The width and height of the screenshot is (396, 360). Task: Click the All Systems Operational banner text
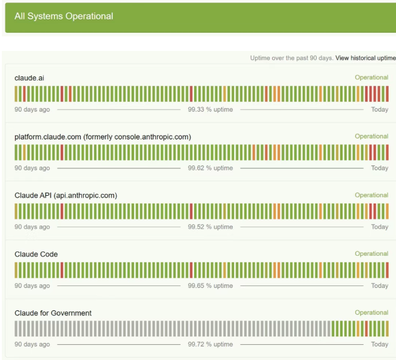pyautogui.click(x=64, y=16)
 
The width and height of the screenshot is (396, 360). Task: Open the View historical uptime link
pyautogui.click(x=366, y=58)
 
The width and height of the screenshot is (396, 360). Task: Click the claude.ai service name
pyautogui.click(x=29, y=78)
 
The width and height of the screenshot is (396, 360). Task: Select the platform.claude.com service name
pyautogui.click(x=102, y=137)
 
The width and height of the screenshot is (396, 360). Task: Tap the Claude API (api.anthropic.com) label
pyautogui.click(x=65, y=195)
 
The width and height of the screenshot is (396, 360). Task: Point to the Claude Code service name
pyautogui.click(x=36, y=254)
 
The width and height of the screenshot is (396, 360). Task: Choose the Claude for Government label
pyautogui.click(x=53, y=313)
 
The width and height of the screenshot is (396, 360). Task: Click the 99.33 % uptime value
pyautogui.click(x=210, y=110)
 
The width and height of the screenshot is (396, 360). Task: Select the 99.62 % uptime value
pyautogui.click(x=210, y=168)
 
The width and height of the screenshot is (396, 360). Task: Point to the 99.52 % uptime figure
pyautogui.click(x=210, y=227)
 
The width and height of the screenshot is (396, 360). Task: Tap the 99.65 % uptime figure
pyautogui.click(x=210, y=286)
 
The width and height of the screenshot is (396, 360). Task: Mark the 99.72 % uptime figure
pyautogui.click(x=210, y=344)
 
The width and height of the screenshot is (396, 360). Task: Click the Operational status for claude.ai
pyautogui.click(x=372, y=78)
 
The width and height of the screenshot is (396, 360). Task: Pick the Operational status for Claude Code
pyautogui.click(x=372, y=254)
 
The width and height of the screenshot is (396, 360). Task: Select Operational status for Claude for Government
pyautogui.click(x=372, y=313)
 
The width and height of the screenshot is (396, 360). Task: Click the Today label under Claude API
pyautogui.click(x=380, y=227)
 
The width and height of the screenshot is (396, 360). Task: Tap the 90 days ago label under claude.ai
pyautogui.click(x=32, y=110)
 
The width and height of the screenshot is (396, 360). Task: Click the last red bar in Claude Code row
pyautogui.click(x=387, y=270)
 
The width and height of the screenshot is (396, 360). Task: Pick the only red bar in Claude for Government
pyautogui.click(x=366, y=328)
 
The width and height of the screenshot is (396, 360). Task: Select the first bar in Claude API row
pyautogui.click(x=16, y=212)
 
